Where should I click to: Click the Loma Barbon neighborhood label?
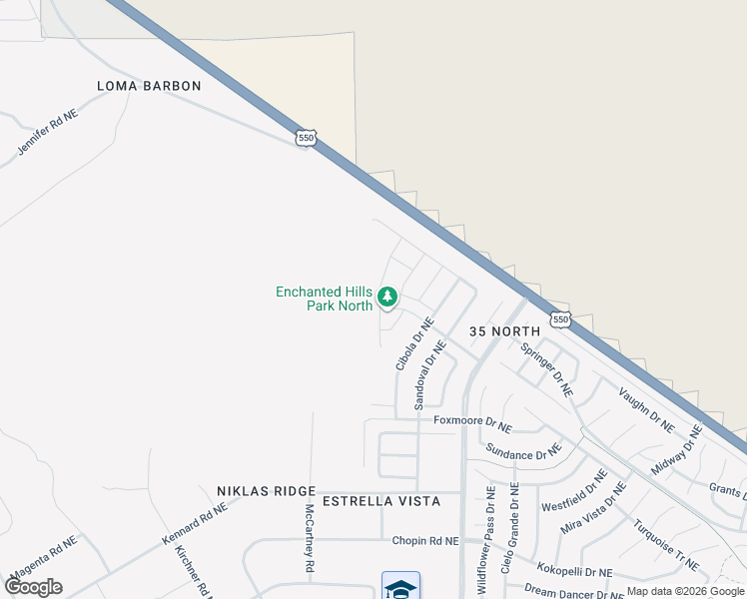149,86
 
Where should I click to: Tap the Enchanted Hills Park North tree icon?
387,297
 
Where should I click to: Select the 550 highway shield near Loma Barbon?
306,138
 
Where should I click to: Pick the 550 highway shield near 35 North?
560,320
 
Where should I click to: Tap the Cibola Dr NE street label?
414,344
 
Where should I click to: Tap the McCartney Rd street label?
310,535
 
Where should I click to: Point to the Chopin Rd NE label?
424,540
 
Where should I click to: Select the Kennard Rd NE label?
194,523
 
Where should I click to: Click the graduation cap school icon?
400,586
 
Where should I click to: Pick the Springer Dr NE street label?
546,370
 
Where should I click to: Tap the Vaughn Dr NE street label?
646,409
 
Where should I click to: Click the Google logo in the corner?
33,587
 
